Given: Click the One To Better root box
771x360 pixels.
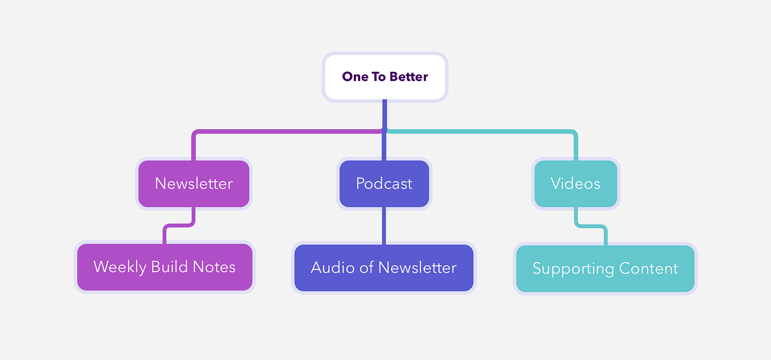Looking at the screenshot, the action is pos(385,77).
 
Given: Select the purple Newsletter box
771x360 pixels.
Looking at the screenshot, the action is pos(194,184).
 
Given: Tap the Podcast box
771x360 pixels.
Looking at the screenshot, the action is pos(384,184).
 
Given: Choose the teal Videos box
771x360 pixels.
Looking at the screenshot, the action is pos(576,184).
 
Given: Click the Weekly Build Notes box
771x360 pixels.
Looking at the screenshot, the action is pos(165,267).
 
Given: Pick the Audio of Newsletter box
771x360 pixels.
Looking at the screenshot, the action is pos(384,268).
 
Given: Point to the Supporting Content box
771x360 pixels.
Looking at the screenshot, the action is pos(605,268).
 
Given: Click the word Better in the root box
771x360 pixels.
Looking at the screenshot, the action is pos(409,77).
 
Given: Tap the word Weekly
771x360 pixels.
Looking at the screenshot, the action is pos(120,267).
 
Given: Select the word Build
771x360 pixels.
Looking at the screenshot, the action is pos(169,267).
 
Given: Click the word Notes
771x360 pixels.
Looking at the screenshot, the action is pos(214,267).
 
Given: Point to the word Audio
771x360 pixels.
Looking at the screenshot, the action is pos(333,267).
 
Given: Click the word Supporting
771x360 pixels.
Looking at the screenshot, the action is pos(573,269).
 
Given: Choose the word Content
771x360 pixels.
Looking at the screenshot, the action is pos(649,268).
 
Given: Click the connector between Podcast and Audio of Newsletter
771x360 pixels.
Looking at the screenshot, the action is pos(384,226).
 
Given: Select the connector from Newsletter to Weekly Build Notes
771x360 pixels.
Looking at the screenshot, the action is pos(179,226).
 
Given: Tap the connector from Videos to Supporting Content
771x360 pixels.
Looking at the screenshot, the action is pos(590,226).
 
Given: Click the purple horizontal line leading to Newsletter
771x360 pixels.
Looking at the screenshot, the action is pos(288,131).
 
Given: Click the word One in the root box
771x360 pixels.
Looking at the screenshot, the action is pos(355,77).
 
